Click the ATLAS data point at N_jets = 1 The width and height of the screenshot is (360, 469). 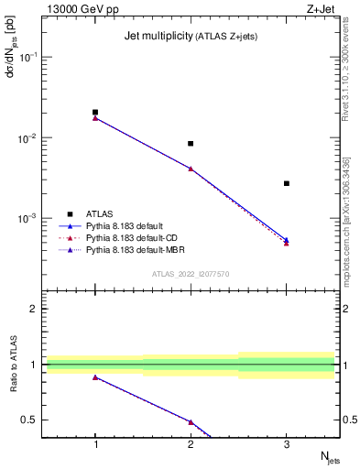(95, 112)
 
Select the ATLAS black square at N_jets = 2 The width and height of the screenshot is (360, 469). (191, 143)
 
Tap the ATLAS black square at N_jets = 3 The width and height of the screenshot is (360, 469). (287, 183)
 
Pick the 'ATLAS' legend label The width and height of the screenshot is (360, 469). (100, 213)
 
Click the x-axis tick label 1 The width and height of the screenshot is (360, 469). (95, 445)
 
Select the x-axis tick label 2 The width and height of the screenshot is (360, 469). (191, 445)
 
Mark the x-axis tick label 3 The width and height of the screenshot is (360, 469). (287, 445)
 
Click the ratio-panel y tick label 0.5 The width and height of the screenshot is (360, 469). (30, 420)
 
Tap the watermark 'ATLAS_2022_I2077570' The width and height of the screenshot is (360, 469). (191, 273)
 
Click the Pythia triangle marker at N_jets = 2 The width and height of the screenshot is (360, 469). (191, 169)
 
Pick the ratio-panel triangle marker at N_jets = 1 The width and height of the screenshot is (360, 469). (95, 377)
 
